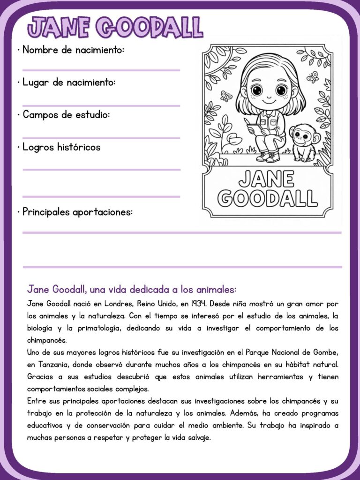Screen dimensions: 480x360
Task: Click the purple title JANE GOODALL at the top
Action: coord(115,27)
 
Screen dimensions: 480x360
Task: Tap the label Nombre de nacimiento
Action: coord(73,50)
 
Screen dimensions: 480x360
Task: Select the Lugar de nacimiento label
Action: coord(69,82)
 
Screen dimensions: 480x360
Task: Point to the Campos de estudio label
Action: coord(66,114)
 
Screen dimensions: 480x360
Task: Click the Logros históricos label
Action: coord(61,147)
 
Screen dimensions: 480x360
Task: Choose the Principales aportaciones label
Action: coord(77,212)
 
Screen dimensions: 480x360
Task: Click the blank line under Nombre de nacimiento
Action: coord(101,70)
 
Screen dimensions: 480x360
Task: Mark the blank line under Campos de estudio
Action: coord(101,138)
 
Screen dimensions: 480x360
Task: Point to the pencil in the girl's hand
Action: coord(247,123)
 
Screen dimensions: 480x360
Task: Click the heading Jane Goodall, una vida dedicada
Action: coord(132,289)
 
